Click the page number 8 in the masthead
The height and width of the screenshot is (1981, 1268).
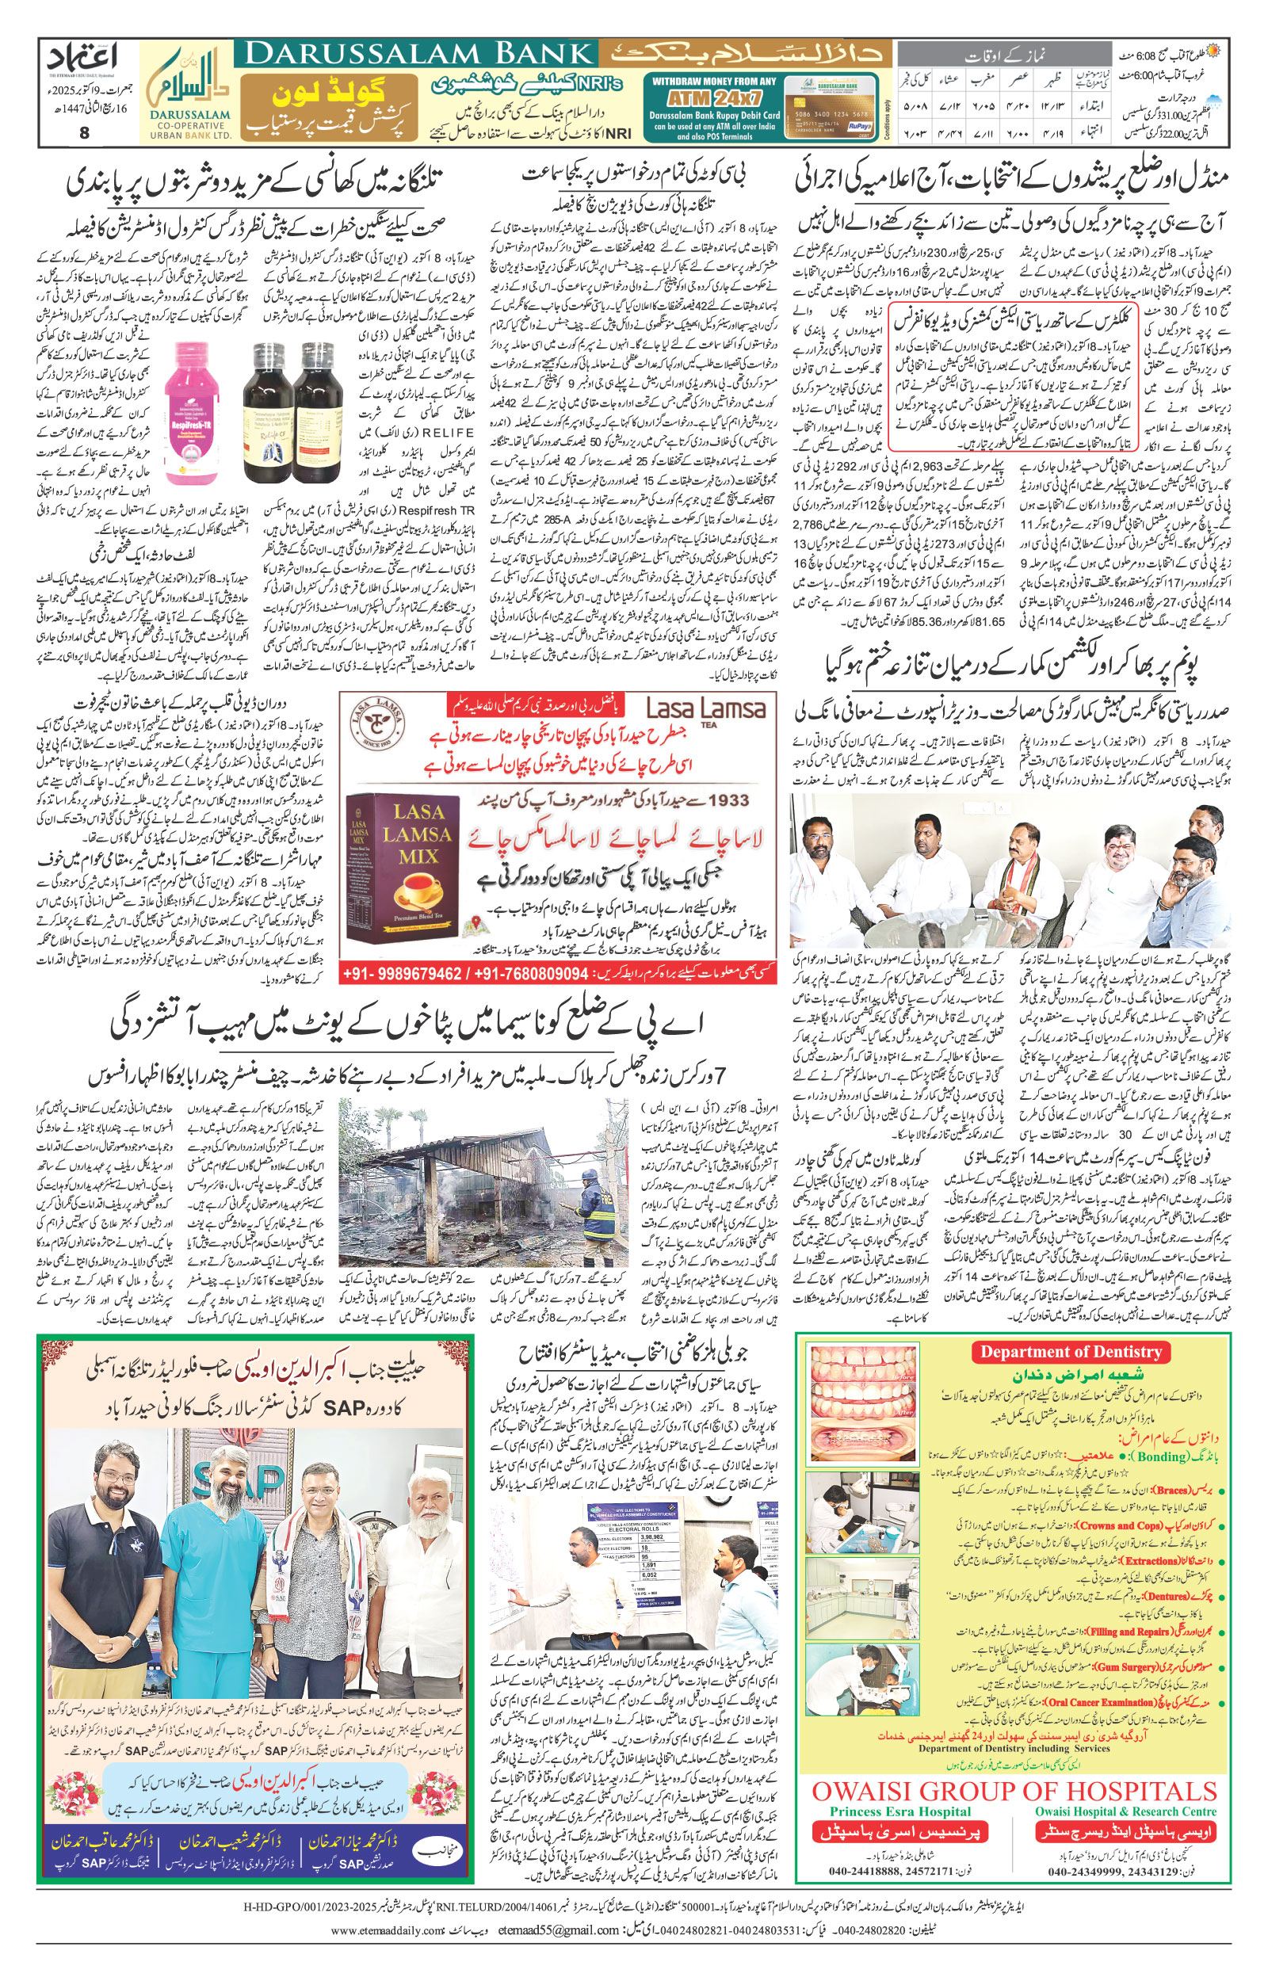pos(84,132)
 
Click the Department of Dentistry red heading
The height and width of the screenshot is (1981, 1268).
pos(1070,1351)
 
